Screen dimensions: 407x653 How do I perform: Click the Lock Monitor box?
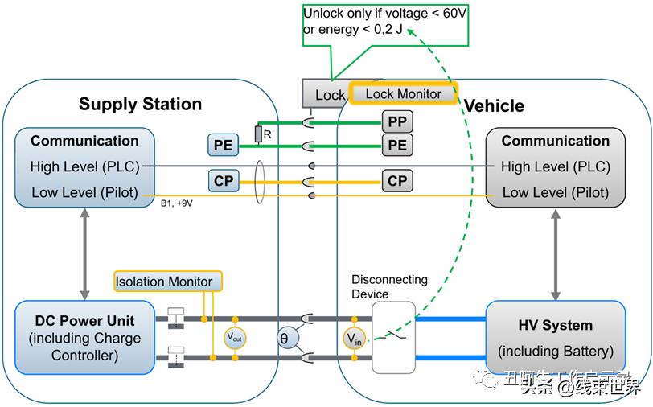pyautogui.click(x=403, y=93)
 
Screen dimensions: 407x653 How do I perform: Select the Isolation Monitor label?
pyautogui.click(x=164, y=282)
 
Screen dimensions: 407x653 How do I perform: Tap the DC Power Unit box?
pyautogui.click(x=85, y=338)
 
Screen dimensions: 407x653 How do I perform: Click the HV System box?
pyautogui.click(x=556, y=338)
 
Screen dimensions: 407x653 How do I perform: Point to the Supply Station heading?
pyautogui.click(x=140, y=104)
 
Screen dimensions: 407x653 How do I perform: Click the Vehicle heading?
pyautogui.click(x=494, y=105)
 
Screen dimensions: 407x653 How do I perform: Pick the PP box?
pyautogui.click(x=397, y=122)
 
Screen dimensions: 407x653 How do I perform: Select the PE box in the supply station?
pyautogui.click(x=222, y=145)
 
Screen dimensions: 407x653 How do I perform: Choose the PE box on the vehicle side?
pyautogui.click(x=397, y=145)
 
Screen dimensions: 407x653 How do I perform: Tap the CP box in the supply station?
pyautogui.click(x=223, y=181)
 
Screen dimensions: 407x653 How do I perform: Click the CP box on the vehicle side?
pyautogui.click(x=397, y=181)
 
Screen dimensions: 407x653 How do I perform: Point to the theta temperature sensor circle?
pyautogui.click(x=284, y=339)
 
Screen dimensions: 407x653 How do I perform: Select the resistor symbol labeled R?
pyautogui.click(x=257, y=134)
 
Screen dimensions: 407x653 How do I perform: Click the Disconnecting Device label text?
pyautogui.click(x=389, y=286)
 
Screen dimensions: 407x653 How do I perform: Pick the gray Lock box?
pyautogui.click(x=326, y=94)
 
